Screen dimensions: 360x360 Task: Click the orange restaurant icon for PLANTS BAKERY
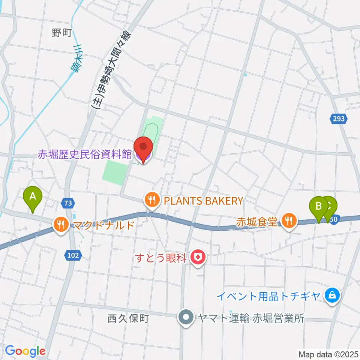pyautogui.click(x=151, y=200)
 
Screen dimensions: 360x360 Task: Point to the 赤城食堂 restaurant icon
pyautogui.click(x=288, y=220)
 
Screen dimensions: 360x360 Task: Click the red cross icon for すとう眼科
pyautogui.click(x=196, y=257)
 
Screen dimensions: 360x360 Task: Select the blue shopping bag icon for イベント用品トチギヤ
pyautogui.click(x=332, y=295)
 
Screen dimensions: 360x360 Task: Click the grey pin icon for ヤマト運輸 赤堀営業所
pyautogui.click(x=186, y=318)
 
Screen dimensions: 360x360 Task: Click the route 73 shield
pyautogui.click(x=67, y=203)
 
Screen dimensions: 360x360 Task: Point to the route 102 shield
pyautogui.click(x=74, y=255)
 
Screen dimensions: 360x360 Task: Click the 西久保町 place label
pyautogui.click(x=128, y=319)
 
